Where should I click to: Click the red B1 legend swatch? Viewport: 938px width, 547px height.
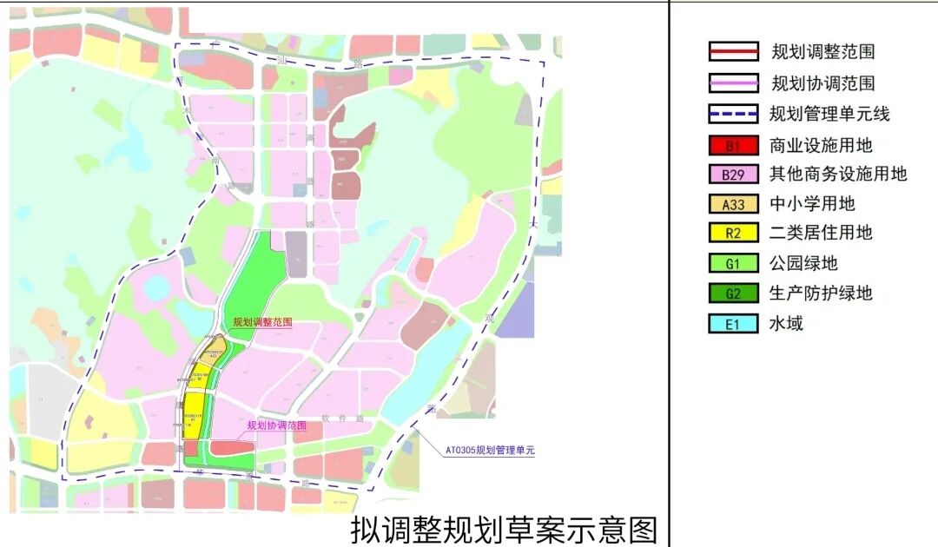point(734,145)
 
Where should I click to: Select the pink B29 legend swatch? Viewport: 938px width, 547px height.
point(734,175)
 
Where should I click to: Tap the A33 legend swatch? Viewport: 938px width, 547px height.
point(734,204)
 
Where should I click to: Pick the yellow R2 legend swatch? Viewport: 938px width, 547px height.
point(734,234)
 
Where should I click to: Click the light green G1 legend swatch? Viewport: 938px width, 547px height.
point(734,263)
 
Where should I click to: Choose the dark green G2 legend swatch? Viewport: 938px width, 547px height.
point(734,293)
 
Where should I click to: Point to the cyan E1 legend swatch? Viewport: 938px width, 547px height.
point(734,324)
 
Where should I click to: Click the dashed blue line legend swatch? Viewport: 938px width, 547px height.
point(734,114)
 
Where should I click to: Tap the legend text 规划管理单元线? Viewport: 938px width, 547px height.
point(829,114)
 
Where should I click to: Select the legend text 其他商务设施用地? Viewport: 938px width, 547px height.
point(838,175)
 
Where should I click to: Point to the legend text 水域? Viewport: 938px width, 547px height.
point(787,324)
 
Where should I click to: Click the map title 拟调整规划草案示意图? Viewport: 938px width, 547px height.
point(504,528)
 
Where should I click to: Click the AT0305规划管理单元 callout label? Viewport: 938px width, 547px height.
point(490,451)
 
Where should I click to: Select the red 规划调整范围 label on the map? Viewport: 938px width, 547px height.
point(262,322)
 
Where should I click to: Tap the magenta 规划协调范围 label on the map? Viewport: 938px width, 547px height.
point(277,425)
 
